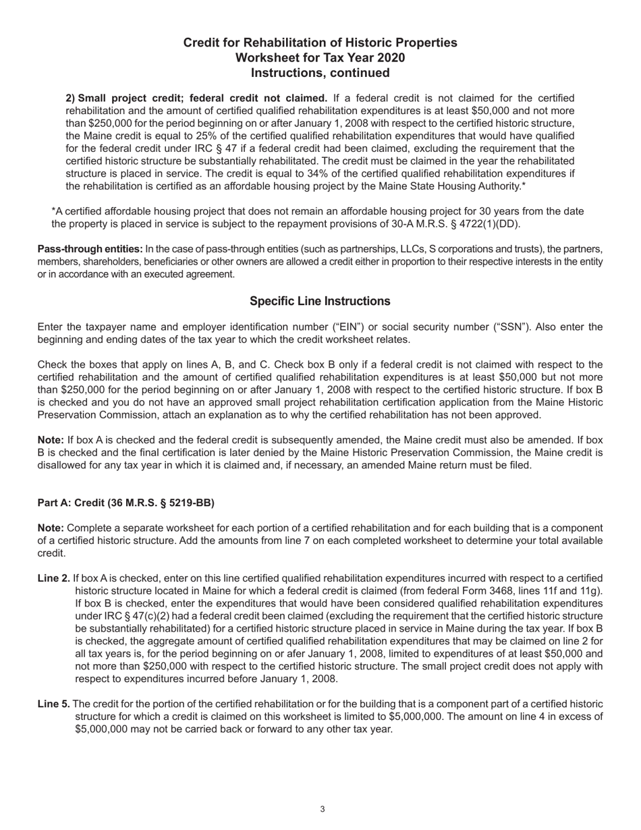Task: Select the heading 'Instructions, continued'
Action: (x=320, y=72)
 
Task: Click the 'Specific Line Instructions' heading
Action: (x=320, y=301)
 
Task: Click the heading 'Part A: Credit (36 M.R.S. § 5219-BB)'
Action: (x=126, y=502)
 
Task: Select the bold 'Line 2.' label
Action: (x=53, y=578)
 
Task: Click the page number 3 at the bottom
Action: (x=323, y=809)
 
